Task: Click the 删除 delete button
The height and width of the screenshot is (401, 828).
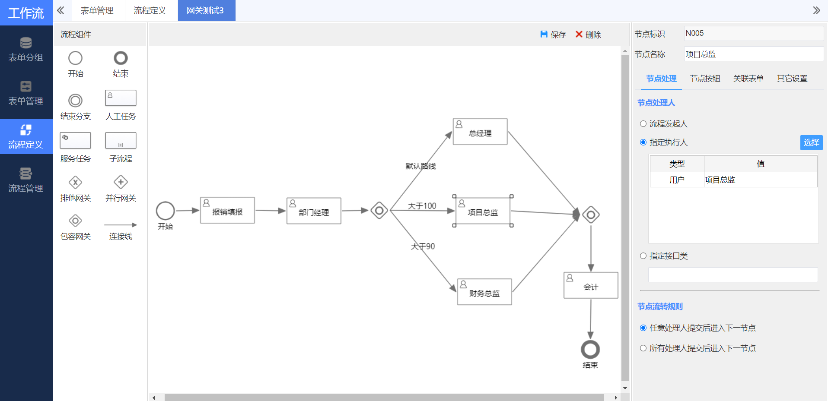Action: (588, 35)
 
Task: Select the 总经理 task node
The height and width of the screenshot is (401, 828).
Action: (480, 132)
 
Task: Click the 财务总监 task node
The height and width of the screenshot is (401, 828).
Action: (484, 292)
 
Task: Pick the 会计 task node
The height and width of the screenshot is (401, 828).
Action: (591, 285)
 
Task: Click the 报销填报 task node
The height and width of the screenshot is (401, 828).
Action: (227, 211)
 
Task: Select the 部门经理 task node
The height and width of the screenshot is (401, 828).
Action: (314, 211)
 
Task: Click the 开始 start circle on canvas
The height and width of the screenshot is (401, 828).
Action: (165, 211)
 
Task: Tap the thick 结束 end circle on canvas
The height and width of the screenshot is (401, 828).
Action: (590, 349)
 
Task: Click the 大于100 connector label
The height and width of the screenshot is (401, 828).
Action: (422, 206)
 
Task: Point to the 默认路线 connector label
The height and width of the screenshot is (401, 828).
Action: (420, 166)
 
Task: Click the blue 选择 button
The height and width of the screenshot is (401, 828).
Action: (811, 142)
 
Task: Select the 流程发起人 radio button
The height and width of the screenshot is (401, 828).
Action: (643, 124)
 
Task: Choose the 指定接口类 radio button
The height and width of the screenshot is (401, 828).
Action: (643, 256)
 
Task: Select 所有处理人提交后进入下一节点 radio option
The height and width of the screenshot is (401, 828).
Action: (643, 348)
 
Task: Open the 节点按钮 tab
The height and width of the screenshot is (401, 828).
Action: (705, 79)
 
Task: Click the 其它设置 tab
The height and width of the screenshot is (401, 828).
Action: (792, 79)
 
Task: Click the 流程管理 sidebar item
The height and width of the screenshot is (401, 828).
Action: (26, 180)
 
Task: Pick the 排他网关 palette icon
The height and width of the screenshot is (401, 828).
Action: (76, 183)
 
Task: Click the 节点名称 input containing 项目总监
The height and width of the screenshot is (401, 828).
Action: (753, 54)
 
